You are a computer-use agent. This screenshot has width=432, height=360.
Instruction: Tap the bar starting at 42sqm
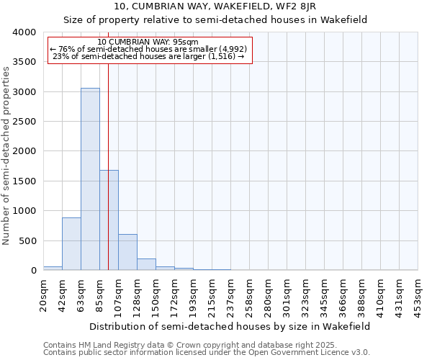(x=71, y=243)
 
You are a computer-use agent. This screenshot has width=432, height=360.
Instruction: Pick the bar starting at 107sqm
(x=127, y=252)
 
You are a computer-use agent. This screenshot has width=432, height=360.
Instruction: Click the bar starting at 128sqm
(x=146, y=264)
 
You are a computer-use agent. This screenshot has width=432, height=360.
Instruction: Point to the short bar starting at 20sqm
(x=53, y=268)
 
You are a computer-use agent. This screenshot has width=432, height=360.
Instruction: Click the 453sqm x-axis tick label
(x=418, y=295)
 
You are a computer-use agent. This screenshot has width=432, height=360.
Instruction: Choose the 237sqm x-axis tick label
(x=230, y=295)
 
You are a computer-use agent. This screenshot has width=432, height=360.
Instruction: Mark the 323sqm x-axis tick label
(x=305, y=295)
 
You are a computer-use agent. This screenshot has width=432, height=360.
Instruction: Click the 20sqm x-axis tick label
(x=43, y=295)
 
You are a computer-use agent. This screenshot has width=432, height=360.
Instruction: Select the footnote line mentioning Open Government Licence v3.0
(x=207, y=353)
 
